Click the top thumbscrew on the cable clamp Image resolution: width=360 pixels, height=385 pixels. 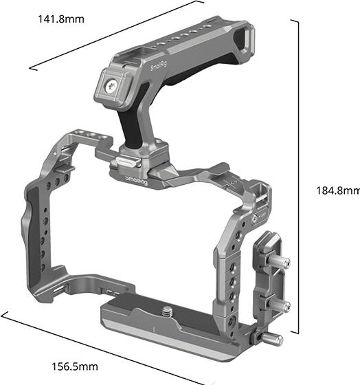tap(281, 262)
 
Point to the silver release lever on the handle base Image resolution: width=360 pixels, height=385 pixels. tap(124, 164)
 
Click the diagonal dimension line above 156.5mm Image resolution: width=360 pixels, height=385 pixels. tap(103, 348)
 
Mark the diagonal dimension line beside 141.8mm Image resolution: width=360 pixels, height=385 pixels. tap(117, 35)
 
